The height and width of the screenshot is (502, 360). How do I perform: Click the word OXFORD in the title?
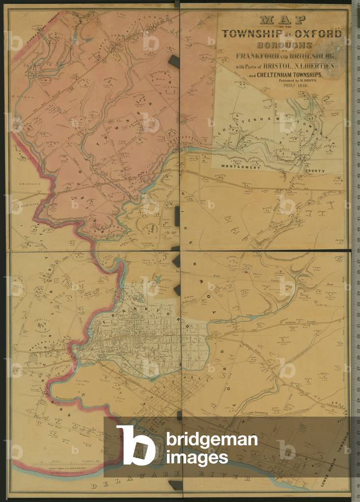pos(319,34)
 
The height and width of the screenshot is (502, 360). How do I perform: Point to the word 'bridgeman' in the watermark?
pos(212,440)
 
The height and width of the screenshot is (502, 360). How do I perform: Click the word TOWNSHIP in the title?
pos(250,34)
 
